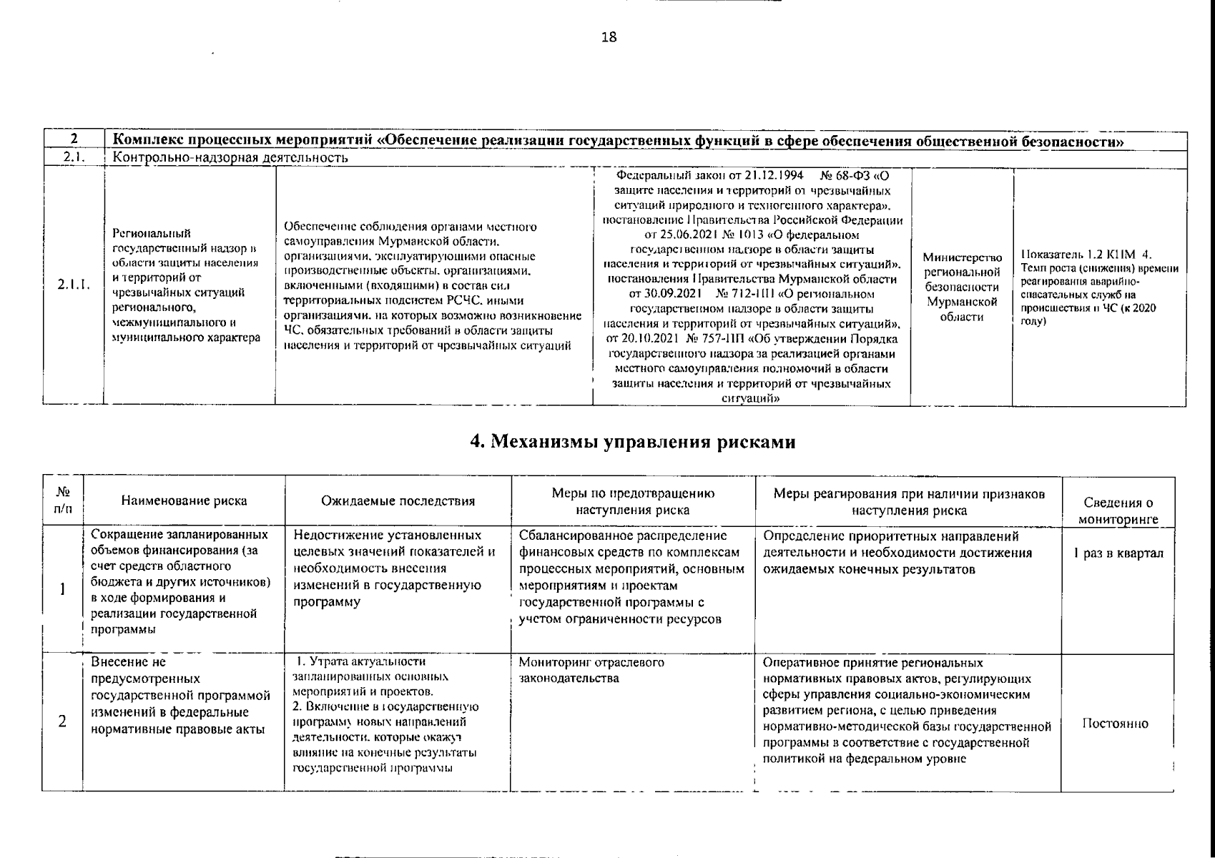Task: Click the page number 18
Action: [609, 38]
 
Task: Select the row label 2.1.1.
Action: [74, 285]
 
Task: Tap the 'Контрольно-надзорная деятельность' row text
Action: [231, 157]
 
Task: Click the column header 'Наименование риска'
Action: [184, 500]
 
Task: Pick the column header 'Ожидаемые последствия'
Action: [398, 500]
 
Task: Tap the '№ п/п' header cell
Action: [63, 500]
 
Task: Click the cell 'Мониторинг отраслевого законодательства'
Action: [591, 670]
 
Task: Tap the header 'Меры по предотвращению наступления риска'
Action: [632, 501]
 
